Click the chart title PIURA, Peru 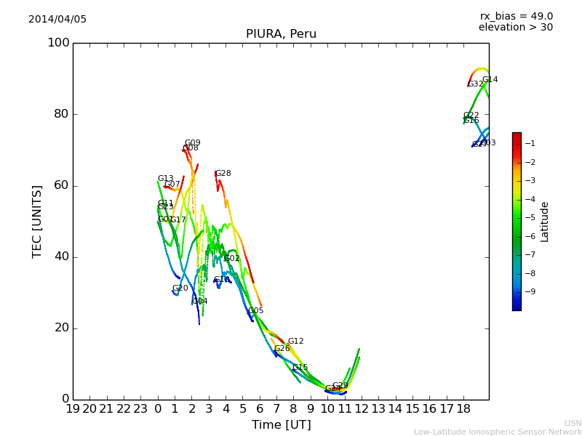pos(281,34)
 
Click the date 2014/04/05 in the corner pos(57,20)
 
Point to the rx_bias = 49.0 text pos(516,17)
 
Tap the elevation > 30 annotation pos(515,28)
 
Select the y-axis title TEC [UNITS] pos(38,221)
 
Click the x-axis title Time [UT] pos(281,425)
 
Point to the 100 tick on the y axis pos(58,43)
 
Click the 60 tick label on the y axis pos(62,185)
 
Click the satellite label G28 pos(223,174)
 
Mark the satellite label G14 pos(490,80)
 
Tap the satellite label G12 pos(295,342)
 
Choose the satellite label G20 pos(180,288)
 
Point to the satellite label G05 pos(255,311)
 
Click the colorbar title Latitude pos(545,221)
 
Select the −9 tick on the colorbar pos(530,291)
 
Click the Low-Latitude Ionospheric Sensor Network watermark pos(498,432)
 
